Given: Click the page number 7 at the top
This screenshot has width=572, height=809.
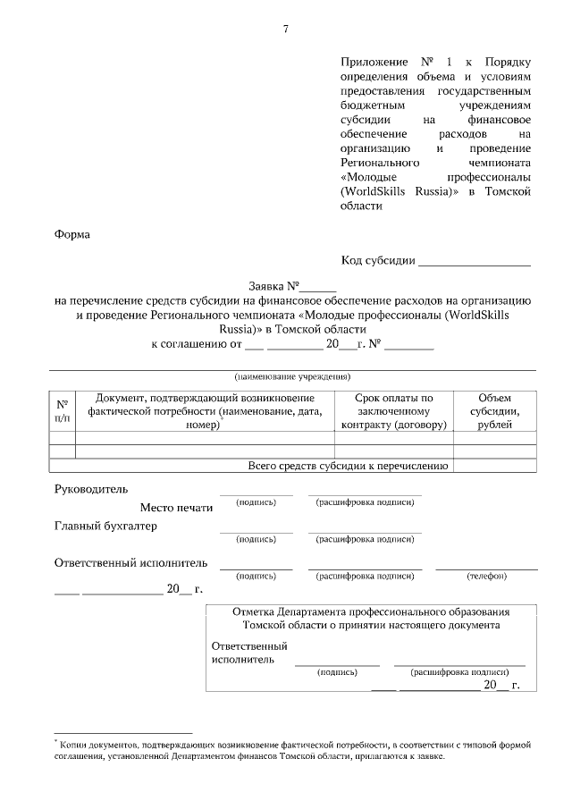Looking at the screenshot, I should pyautogui.click(x=286, y=29).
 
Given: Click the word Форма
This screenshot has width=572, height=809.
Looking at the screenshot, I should pyautogui.click(x=72, y=234).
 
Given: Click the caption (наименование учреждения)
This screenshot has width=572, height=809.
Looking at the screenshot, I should pyautogui.click(x=292, y=376).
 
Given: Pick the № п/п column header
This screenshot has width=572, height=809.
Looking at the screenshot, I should pyautogui.click(x=62, y=410).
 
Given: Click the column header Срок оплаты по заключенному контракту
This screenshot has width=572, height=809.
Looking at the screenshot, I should pyautogui.click(x=393, y=410).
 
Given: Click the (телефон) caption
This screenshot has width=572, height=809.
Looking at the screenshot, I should pyautogui.click(x=486, y=577).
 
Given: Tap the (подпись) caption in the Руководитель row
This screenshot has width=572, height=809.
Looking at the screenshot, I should pyautogui.click(x=256, y=502).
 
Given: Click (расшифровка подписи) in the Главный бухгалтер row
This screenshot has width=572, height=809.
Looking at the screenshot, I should pyautogui.click(x=365, y=540).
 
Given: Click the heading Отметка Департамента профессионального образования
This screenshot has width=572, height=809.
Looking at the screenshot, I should pyautogui.click(x=371, y=612).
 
